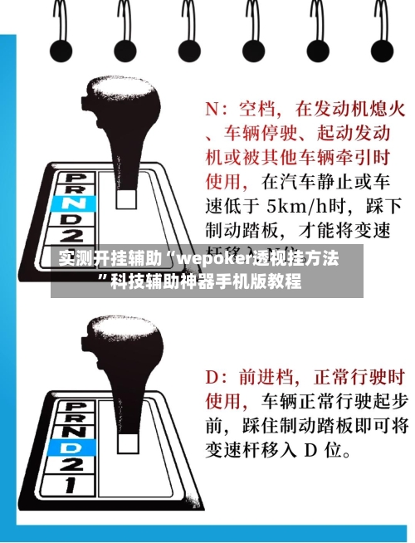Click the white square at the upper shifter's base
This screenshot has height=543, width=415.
(x=127, y=198)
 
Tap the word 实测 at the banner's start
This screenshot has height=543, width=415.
(x=72, y=258)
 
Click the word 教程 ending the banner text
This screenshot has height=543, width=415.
(x=286, y=282)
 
